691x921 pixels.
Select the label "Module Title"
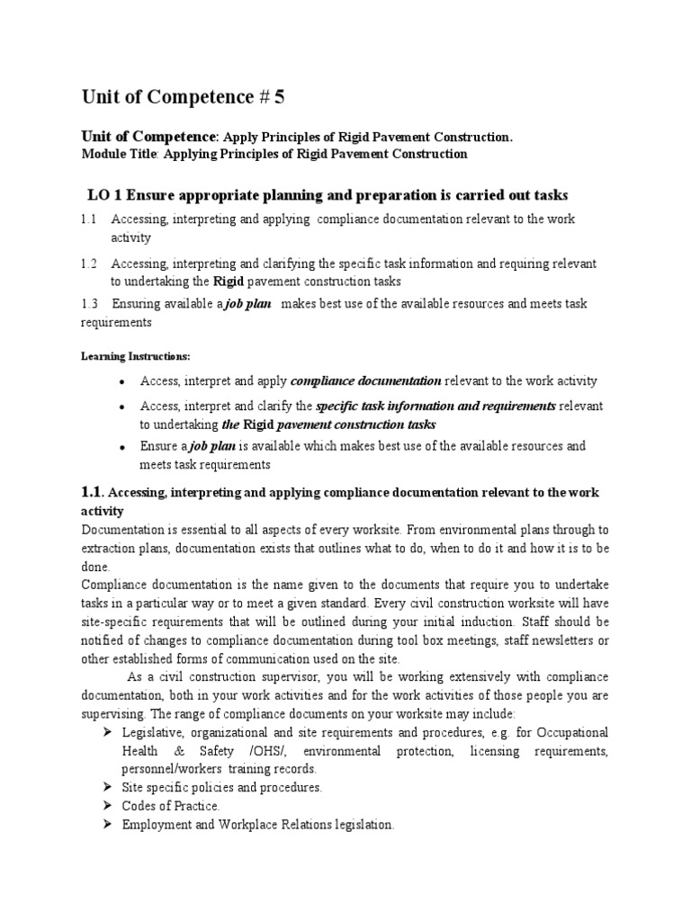coord(118,154)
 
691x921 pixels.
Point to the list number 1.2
coord(88,264)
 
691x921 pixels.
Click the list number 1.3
coord(88,304)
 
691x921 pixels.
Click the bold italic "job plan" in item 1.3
coord(247,304)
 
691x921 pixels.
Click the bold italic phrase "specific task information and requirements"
coord(436,406)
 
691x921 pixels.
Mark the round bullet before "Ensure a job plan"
coord(121,447)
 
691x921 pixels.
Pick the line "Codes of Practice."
coord(171,806)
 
